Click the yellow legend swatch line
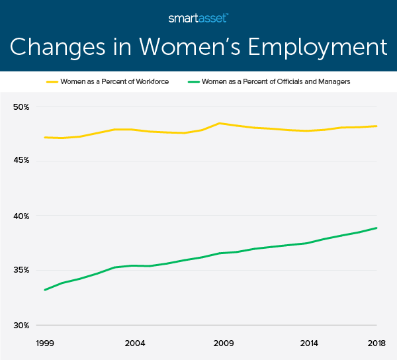point(54,81)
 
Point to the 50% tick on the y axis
point(22,107)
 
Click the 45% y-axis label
point(22,161)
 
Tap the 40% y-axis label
point(22,216)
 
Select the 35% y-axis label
point(22,270)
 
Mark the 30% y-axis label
point(22,325)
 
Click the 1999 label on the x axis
point(44,344)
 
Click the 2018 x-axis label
point(376,344)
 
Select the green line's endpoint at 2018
point(376,228)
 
